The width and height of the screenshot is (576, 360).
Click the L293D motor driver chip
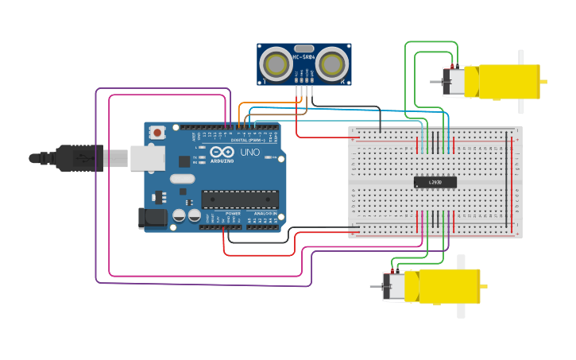click(x=435, y=182)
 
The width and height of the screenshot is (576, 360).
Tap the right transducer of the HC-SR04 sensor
click(x=332, y=63)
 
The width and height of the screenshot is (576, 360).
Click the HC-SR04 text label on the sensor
click(x=303, y=57)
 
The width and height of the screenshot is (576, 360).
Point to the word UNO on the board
click(x=249, y=152)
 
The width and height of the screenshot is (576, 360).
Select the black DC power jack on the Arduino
click(x=152, y=218)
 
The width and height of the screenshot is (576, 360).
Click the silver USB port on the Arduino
click(x=147, y=158)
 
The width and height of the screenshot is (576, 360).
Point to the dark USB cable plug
click(x=79, y=158)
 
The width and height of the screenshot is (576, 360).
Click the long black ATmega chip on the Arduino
click(x=240, y=199)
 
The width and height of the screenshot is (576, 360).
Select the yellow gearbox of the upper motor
click(x=508, y=82)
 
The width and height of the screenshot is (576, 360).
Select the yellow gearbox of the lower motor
click(x=449, y=286)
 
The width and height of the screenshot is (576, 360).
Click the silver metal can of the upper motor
click(x=454, y=83)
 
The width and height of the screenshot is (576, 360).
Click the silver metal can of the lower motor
click(x=394, y=287)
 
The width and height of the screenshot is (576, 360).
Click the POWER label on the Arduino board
click(x=233, y=213)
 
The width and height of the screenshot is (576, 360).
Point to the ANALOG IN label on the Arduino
click(x=265, y=213)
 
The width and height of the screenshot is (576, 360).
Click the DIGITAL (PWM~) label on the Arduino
click(x=248, y=140)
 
